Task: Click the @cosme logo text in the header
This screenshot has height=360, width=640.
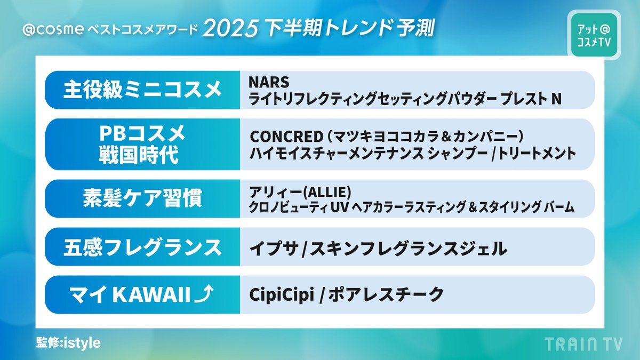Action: tap(53, 29)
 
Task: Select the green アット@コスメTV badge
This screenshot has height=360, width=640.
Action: tap(594, 35)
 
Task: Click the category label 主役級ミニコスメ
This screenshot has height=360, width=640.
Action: tap(142, 90)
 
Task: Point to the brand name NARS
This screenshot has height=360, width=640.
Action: tap(269, 82)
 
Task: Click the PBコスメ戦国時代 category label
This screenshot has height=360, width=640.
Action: tap(142, 144)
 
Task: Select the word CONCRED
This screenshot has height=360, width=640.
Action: tap(286, 137)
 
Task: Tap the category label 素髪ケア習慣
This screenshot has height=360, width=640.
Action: tap(142, 198)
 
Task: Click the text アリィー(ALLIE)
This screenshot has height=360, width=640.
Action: tap(300, 193)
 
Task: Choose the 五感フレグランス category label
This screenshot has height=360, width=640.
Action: tap(142, 247)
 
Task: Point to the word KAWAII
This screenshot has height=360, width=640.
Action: tap(151, 294)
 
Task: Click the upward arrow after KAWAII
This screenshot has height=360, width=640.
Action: tap(203, 294)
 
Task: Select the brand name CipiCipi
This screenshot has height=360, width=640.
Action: tap(282, 295)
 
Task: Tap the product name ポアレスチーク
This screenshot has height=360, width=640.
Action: tap(386, 294)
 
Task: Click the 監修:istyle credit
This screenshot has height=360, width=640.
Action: tap(69, 342)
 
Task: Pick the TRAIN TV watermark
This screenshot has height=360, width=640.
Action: tap(583, 343)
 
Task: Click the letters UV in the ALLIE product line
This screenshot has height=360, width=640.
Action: tap(340, 207)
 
